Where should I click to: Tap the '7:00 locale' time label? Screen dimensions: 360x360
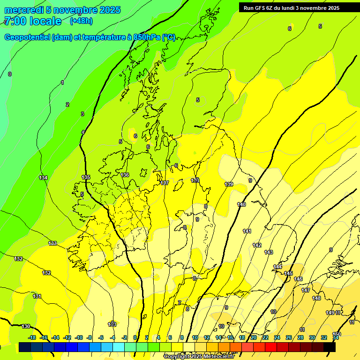[x=32, y=21]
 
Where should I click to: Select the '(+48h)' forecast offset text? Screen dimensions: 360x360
[x=81, y=21]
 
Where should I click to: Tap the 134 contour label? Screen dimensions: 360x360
[x=43, y=178]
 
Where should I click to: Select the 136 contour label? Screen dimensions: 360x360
[x=125, y=175]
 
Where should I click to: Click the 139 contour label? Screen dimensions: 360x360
[x=229, y=184]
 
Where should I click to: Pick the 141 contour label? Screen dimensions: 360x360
[x=247, y=231]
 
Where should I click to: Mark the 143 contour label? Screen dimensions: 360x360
[x=269, y=252]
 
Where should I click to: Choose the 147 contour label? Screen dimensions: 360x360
[x=306, y=290]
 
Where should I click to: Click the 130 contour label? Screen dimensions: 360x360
[x=26, y=326]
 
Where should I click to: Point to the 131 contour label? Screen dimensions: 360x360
[x=37, y=296]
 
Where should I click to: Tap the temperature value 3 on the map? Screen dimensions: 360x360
[x=82, y=114]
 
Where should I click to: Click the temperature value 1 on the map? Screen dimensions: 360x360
[x=62, y=83]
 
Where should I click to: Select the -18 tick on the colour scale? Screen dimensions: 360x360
[x=32, y=337]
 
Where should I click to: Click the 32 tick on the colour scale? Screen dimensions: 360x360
[x=324, y=337]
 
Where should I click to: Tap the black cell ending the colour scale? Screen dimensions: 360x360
[x=330, y=347]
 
